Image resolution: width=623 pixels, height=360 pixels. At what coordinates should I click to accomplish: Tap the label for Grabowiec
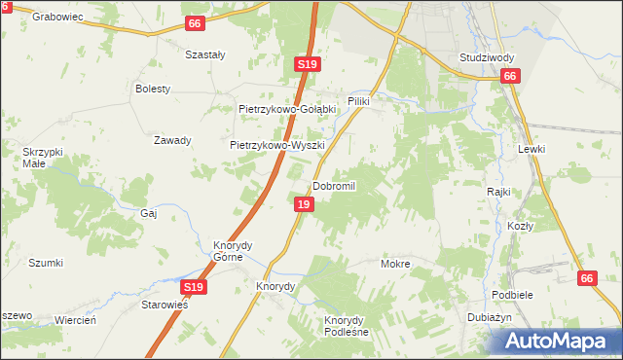point(55,17)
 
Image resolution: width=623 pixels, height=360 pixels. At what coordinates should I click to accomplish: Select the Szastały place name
point(205,55)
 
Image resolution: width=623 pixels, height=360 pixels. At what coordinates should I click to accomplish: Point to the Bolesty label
point(153,89)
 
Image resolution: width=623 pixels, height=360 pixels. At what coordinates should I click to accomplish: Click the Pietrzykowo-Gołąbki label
point(287,109)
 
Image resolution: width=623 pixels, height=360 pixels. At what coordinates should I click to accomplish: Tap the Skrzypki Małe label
point(43,158)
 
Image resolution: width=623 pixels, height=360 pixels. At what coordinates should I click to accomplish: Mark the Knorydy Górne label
point(235,251)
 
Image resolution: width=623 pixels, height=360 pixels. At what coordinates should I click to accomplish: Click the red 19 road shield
point(305,204)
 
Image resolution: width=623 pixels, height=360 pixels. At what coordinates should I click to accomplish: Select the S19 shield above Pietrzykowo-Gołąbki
point(307,64)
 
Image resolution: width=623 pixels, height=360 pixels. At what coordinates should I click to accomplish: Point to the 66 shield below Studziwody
point(509,76)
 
